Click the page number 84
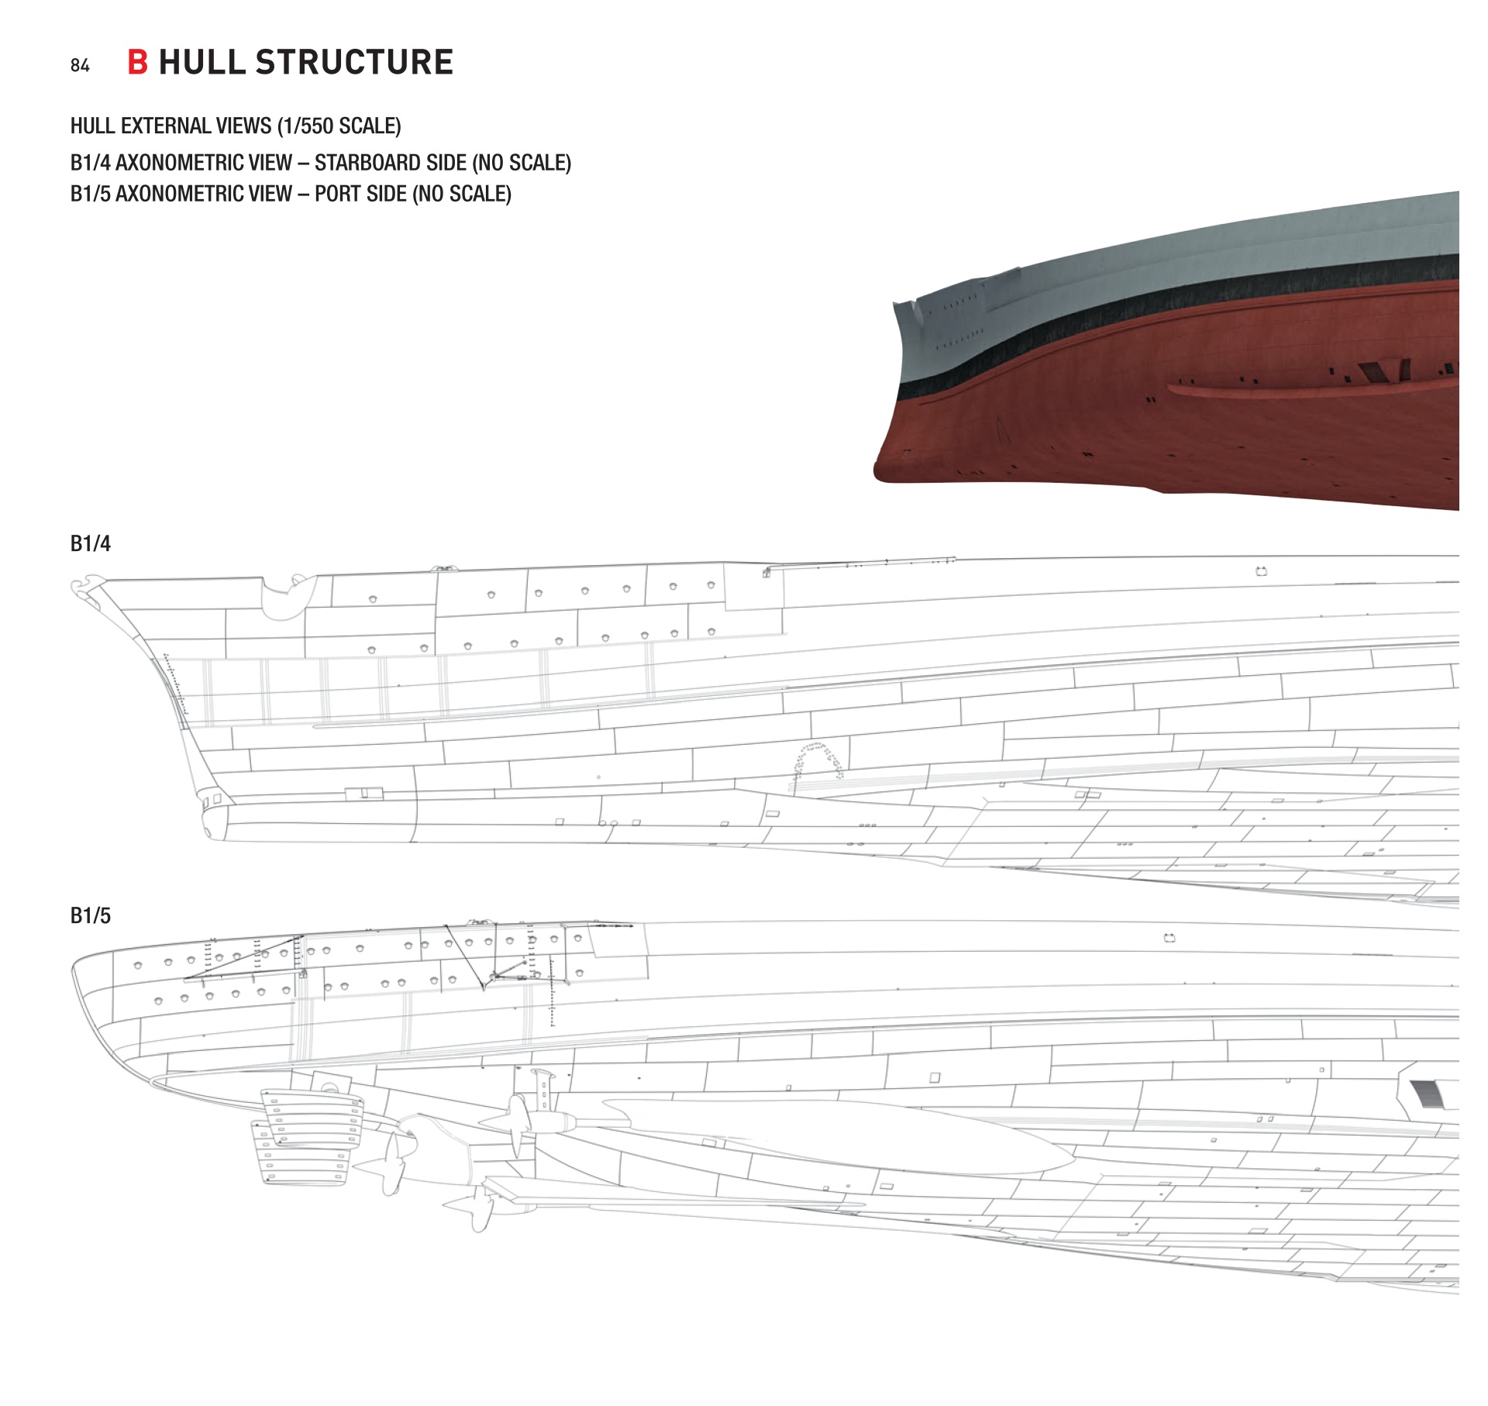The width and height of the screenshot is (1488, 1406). point(80,66)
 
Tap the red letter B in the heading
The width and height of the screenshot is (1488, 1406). point(137,62)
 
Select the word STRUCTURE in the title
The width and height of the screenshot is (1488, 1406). point(354,62)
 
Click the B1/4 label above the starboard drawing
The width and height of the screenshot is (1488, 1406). point(90,543)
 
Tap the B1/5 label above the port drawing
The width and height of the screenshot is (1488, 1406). point(90,915)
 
